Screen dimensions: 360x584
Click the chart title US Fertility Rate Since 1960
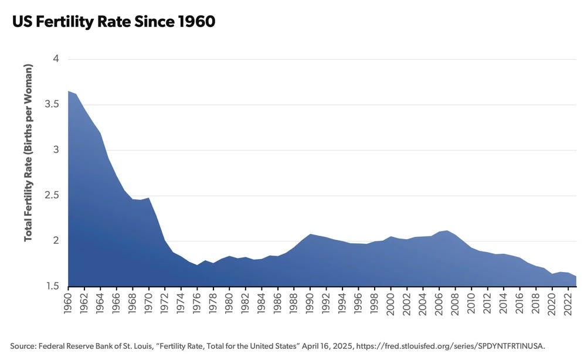[113, 22]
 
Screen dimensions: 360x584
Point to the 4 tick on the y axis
[56, 59]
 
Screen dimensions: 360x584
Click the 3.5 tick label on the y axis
[52, 104]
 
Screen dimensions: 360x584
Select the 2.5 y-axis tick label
[52, 195]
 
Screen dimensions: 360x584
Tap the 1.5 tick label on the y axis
[52, 286]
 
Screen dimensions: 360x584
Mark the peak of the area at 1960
[69, 91]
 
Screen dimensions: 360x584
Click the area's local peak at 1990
[311, 234]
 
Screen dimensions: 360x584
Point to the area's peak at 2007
[448, 230]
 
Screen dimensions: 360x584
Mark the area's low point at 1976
[198, 266]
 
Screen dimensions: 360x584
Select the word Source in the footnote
[23, 345]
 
